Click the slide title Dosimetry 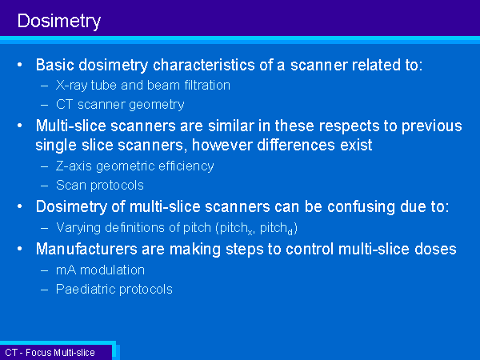coord(59,22)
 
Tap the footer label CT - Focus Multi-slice coord(50,353)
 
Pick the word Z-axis coord(74,166)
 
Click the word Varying coord(78,228)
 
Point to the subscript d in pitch coord(290,232)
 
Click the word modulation coord(112,270)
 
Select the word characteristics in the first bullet coord(204,65)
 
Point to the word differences coord(296,145)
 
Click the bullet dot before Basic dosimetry coord(20,65)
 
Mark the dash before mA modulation coord(45,270)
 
